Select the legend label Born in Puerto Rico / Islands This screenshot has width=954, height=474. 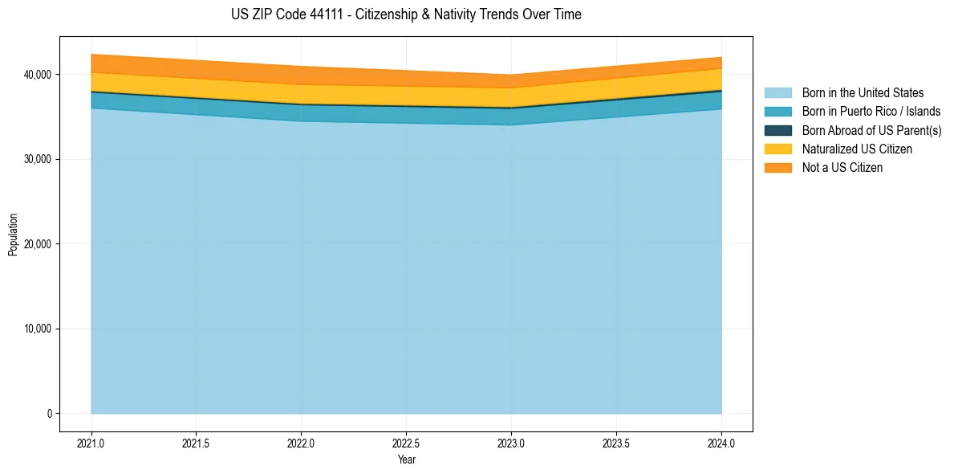coord(871,112)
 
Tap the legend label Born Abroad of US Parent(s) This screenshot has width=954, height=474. coord(871,130)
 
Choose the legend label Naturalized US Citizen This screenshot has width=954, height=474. coord(857,149)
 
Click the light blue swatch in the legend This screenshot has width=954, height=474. coord(777,93)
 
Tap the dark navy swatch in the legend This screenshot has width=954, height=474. coord(777,130)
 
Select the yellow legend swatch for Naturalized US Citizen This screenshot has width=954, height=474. coord(777,149)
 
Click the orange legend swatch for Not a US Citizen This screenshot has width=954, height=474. coord(777,168)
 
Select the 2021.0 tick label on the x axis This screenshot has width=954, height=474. coord(91,443)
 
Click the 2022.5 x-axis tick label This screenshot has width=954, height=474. coord(406,443)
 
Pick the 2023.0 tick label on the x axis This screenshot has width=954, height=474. coord(511,443)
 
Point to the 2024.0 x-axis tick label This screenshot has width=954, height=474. coord(721,443)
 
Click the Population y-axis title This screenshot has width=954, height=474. coord(13,235)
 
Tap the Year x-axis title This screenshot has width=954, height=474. coord(406,460)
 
